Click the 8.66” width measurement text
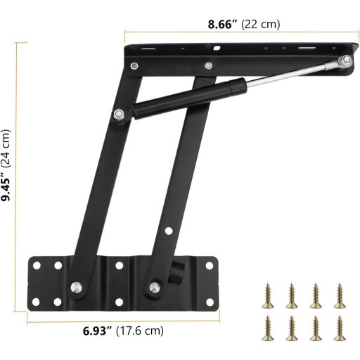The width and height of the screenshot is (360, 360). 223,23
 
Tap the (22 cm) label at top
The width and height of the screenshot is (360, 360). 261,23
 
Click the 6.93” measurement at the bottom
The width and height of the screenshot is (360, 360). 95,330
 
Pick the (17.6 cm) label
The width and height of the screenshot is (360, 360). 140,330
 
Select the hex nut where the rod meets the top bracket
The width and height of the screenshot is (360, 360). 344,62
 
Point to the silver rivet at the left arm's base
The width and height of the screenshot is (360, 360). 75,285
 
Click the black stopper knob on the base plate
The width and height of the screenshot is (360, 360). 179,269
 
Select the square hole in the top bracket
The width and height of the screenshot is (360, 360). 218,50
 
